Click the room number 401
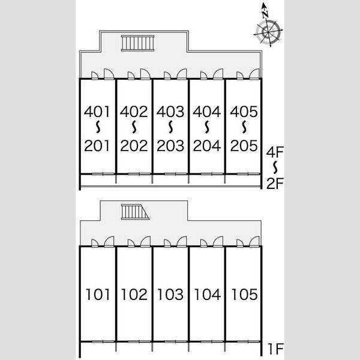point(97,112)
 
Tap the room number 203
point(170,146)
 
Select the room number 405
point(244,112)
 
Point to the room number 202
point(134,146)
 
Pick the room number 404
point(206,112)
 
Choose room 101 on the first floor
point(98,295)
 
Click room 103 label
point(170,295)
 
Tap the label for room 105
point(244,295)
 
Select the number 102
point(134,295)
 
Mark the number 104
point(208,295)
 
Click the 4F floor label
point(275,152)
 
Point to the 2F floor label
point(275,183)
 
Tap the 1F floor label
point(276,349)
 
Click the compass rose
point(268,32)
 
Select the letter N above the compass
point(265,14)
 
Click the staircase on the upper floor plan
point(137,43)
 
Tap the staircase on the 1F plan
point(135,212)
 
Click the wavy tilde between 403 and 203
point(170,127)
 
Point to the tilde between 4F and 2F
point(275,167)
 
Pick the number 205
point(244,146)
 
